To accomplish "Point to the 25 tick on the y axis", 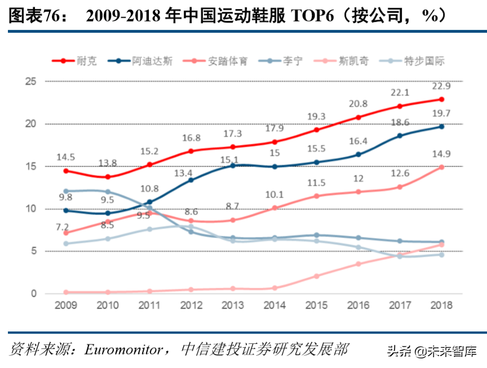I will [x=31, y=82].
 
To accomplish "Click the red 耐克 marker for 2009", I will [x=66, y=171].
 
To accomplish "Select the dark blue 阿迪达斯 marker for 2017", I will [x=400, y=136].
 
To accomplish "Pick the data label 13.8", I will [x=108, y=163].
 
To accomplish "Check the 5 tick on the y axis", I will [x=34, y=251].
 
